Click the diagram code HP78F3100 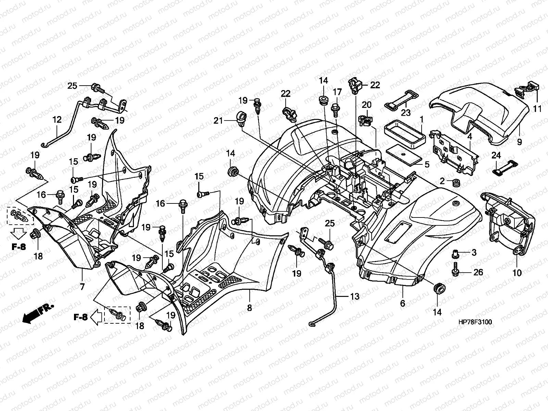point(475,322)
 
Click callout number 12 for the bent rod point(57,120)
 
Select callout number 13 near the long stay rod point(354,297)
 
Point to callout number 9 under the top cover point(520,142)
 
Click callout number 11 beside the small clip point(537,109)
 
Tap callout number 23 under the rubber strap point(406,113)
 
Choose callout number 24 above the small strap point(496,155)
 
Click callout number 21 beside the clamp point(218,121)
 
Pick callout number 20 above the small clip point(366,105)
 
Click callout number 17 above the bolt point(337,92)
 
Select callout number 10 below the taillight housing point(517,273)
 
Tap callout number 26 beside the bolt point(478,272)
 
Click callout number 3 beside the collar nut point(474,252)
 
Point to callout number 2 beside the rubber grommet point(442,181)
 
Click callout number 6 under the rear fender point(402,303)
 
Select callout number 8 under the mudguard point(249,308)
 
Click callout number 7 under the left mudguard point(82,287)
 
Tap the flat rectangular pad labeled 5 point(404,157)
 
